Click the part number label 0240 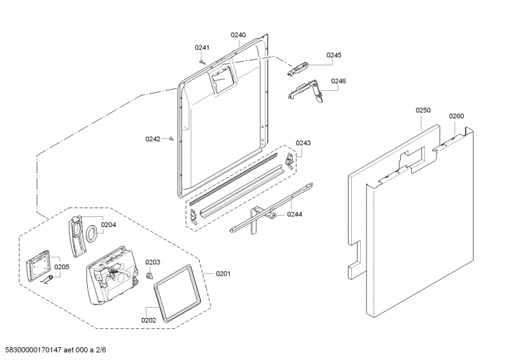[x=238, y=35]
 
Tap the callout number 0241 [x=202, y=48]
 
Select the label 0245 [x=334, y=55]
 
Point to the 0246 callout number [x=338, y=81]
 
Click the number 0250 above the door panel [x=423, y=110]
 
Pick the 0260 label [x=456, y=116]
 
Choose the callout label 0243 [x=303, y=143]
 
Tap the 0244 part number [x=294, y=214]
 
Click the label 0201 [x=223, y=273]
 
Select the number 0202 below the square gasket [x=148, y=320]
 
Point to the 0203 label [x=153, y=262]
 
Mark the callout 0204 [x=108, y=225]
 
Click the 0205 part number [x=61, y=267]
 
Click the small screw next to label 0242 [x=172, y=139]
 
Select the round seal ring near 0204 [x=92, y=233]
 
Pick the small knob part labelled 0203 [x=150, y=276]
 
